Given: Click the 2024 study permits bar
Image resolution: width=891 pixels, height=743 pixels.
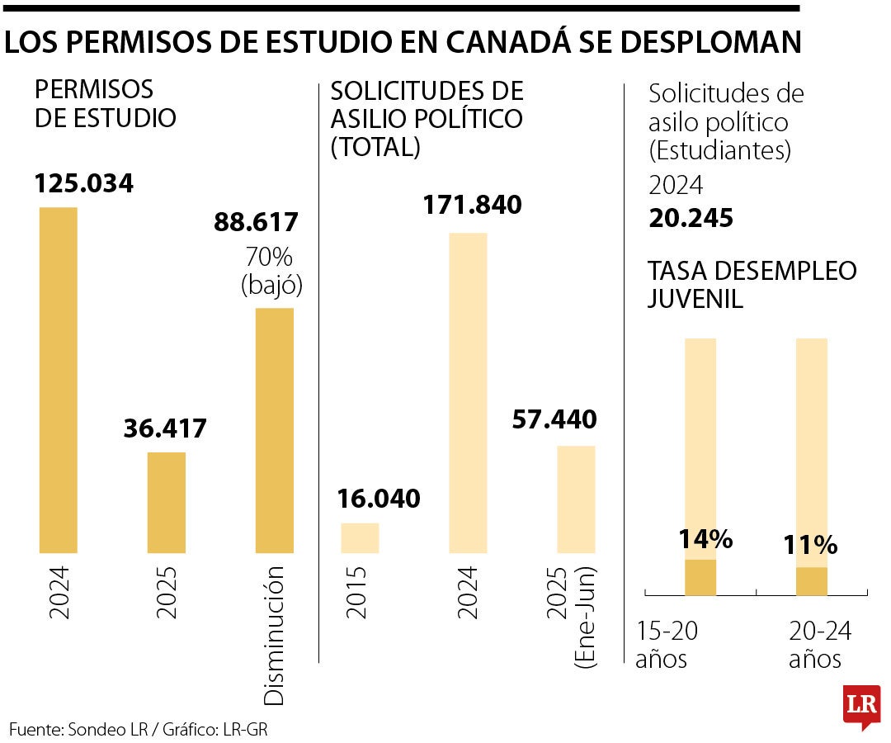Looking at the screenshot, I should click(x=58, y=380).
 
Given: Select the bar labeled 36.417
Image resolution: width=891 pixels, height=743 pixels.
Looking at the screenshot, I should click(x=167, y=502).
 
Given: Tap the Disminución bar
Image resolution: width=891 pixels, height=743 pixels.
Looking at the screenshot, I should click(x=275, y=429).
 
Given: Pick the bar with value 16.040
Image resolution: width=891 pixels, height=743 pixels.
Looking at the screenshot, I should click(x=360, y=537).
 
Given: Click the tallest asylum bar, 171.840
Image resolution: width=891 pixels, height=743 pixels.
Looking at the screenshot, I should click(x=468, y=392).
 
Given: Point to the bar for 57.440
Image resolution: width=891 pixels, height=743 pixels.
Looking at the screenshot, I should click(x=576, y=499).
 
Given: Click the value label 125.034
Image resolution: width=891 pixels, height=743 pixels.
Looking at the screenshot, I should click(x=83, y=183).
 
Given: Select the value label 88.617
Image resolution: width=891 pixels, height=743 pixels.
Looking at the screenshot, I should click(x=257, y=222).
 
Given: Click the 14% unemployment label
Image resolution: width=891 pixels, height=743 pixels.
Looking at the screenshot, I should click(x=705, y=539).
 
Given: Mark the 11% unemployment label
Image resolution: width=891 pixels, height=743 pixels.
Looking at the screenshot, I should click(x=811, y=545).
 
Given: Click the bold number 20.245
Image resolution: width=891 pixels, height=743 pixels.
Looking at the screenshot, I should click(x=691, y=218).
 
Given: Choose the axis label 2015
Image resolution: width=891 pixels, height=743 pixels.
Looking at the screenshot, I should click(x=360, y=593).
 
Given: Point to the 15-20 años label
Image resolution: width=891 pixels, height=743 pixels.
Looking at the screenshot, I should click(x=667, y=646).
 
